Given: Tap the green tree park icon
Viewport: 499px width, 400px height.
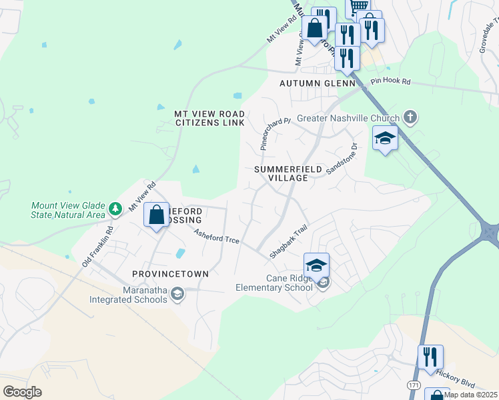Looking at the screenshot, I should (x=115, y=209).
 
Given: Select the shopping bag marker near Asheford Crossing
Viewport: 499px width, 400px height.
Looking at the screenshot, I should (x=156, y=215).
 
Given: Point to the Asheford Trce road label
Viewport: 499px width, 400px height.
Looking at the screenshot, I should (x=216, y=236).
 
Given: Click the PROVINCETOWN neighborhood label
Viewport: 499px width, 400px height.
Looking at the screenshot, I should (x=170, y=274).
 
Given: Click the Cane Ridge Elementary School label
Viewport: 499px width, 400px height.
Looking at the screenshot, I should (x=274, y=283).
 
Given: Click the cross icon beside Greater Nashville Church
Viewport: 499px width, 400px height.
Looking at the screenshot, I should (x=410, y=119).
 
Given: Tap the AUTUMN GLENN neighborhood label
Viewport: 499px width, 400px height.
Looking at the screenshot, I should (x=313, y=83).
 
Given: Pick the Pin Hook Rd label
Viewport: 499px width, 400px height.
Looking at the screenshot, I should (x=391, y=81).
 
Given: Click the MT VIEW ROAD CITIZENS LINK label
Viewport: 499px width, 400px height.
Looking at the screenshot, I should (x=209, y=119).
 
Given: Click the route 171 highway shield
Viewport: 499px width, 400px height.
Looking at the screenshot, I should (x=414, y=385).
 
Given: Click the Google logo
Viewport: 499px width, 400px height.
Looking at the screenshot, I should (x=23, y=391).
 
